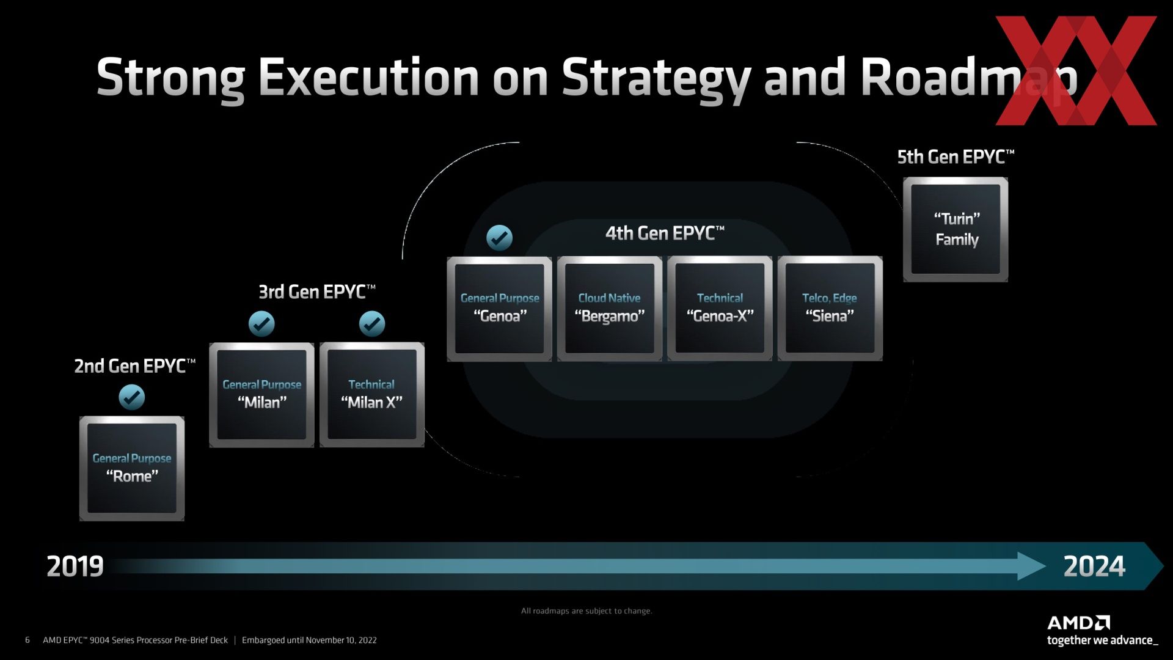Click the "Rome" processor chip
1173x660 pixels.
pyautogui.click(x=132, y=469)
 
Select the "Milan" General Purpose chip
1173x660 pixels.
pyautogui.click(x=262, y=395)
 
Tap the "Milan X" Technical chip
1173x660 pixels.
pyautogui.click(x=372, y=395)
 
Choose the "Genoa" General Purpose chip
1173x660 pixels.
pyautogui.click(x=500, y=309)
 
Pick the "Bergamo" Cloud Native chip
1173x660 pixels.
pyautogui.click(x=610, y=309)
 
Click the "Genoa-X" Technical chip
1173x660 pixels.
pyautogui.click(x=720, y=309)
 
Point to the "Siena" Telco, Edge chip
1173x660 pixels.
pyautogui.click(x=830, y=309)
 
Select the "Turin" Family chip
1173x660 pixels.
pyautogui.click(x=956, y=230)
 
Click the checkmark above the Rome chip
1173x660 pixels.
pyautogui.click(x=132, y=397)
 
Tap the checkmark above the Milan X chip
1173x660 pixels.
pyautogui.click(x=372, y=324)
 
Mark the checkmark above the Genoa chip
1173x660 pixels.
pyautogui.click(x=500, y=238)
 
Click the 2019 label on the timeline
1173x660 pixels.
pyautogui.click(x=75, y=566)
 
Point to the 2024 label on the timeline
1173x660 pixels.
pyautogui.click(x=1094, y=566)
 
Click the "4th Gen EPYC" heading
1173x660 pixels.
pyautogui.click(x=665, y=233)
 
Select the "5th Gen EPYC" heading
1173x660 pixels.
pyautogui.click(x=956, y=157)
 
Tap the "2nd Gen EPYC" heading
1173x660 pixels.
pyautogui.click(x=135, y=366)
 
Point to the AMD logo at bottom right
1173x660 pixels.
pyautogui.click(x=1079, y=623)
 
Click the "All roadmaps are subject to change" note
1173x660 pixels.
pyautogui.click(x=586, y=610)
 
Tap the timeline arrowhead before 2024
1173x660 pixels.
pyautogui.click(x=1032, y=566)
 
